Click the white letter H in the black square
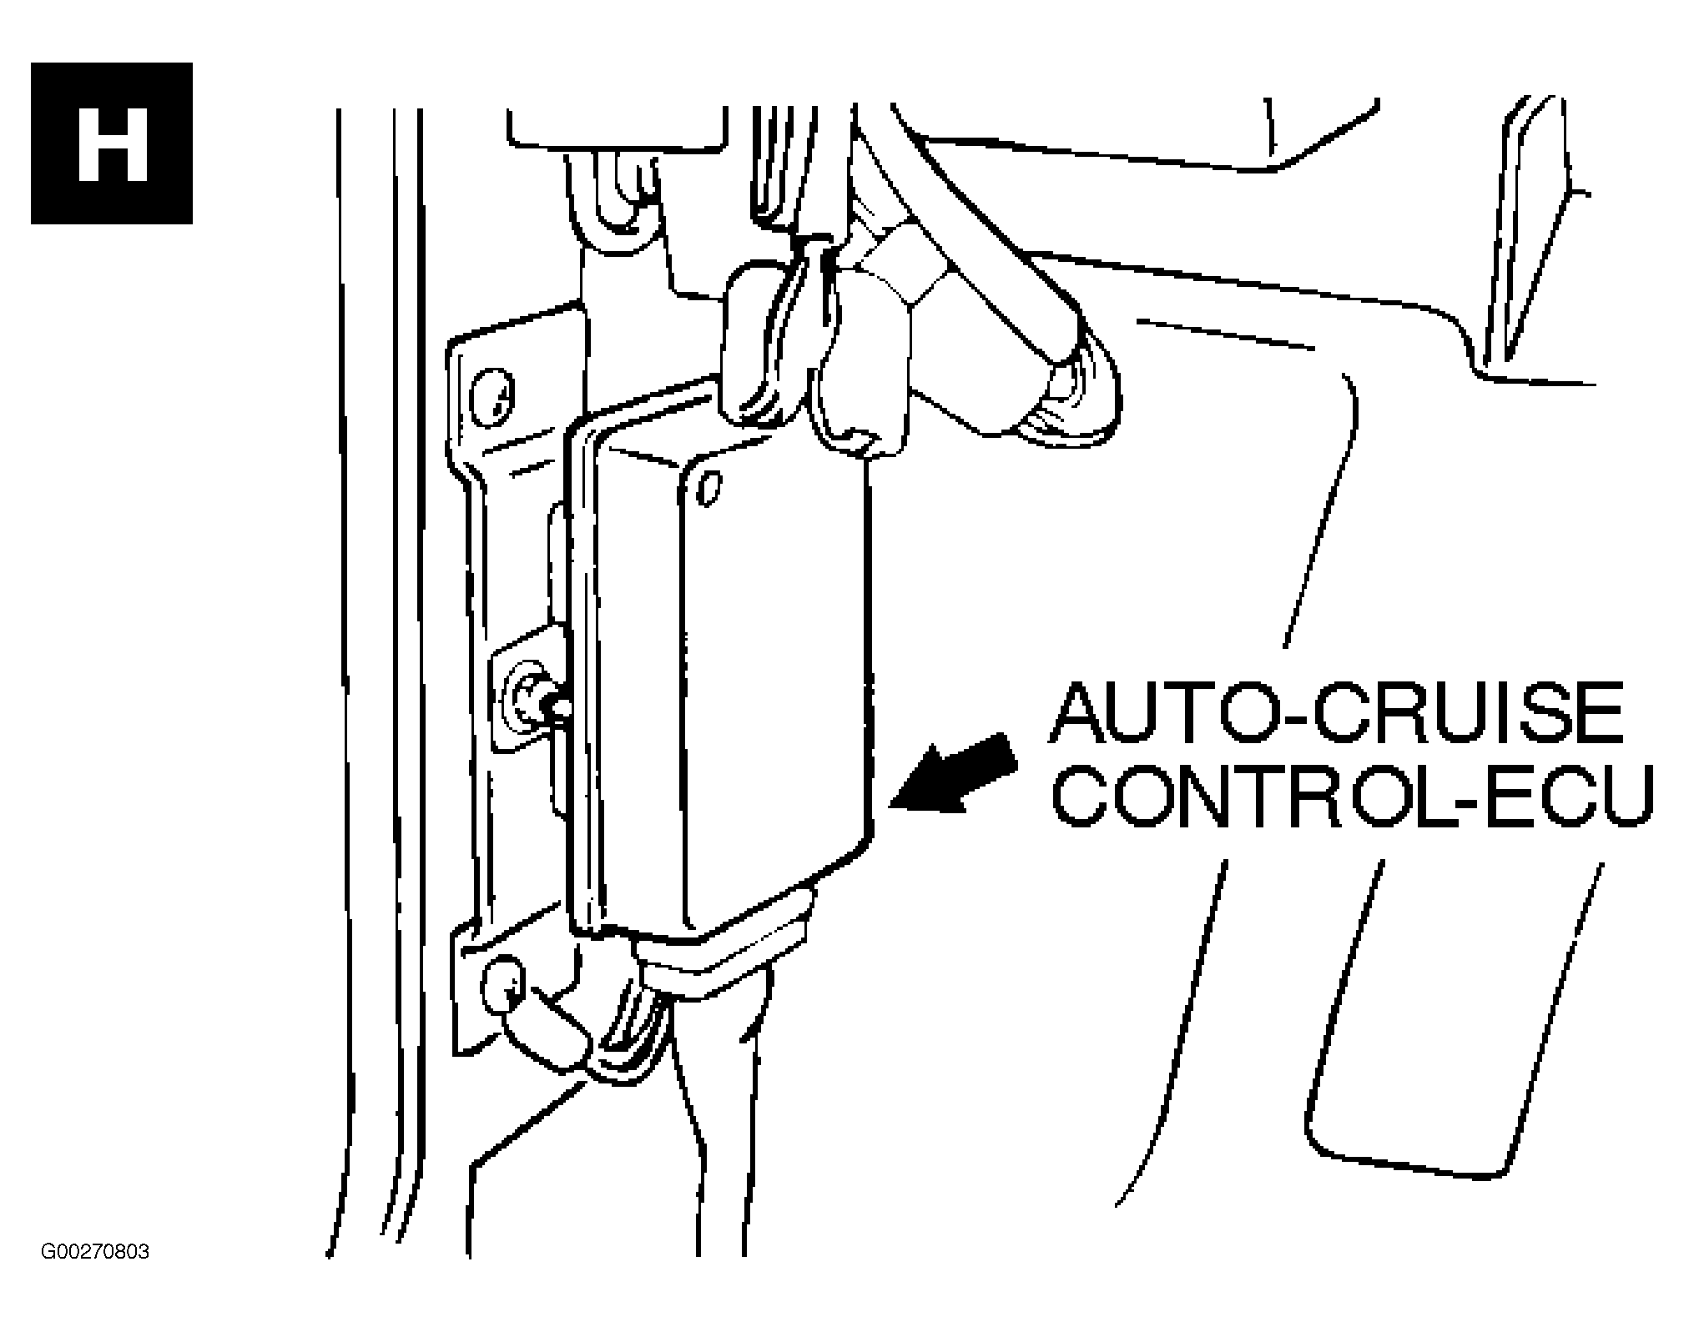113,143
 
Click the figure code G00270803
94,1253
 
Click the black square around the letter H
112,143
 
